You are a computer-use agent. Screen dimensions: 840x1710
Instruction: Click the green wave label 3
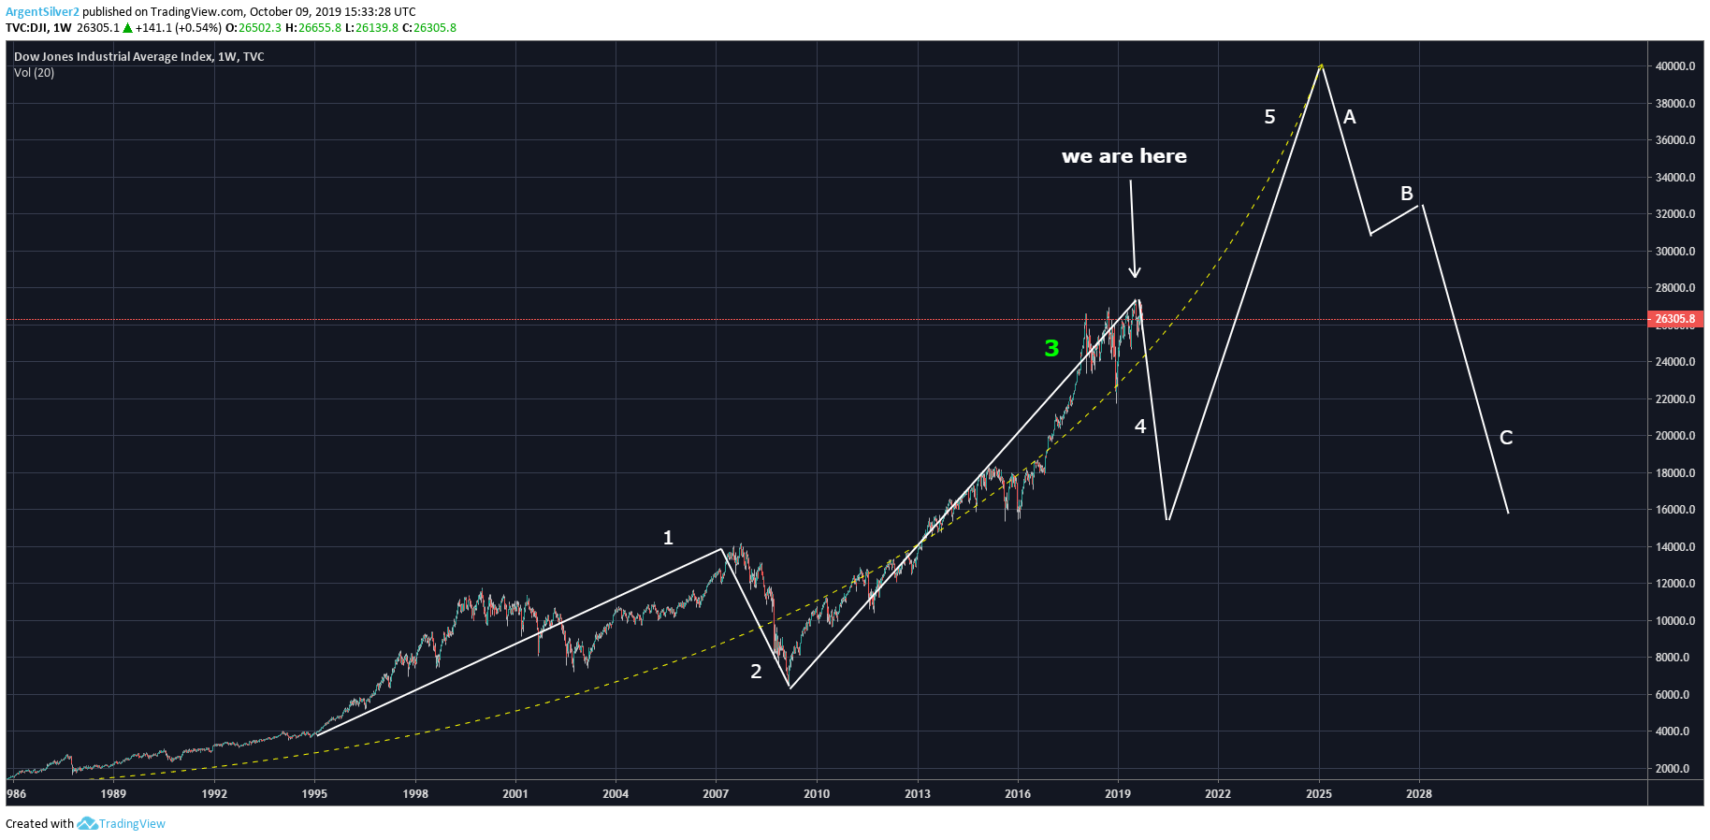(x=1051, y=349)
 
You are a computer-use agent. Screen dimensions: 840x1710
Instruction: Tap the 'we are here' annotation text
(x=1123, y=156)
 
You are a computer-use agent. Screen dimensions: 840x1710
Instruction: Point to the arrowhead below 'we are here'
(x=1135, y=273)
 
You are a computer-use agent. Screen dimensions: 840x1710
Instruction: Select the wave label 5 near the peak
(x=1269, y=117)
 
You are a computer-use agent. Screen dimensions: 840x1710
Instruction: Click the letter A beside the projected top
(x=1349, y=117)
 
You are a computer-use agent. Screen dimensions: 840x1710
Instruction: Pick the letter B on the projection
(x=1406, y=194)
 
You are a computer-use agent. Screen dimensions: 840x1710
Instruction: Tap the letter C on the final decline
(x=1505, y=438)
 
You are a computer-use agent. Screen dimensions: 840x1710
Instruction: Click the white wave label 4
(x=1139, y=427)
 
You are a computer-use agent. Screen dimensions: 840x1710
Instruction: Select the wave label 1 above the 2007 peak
(x=668, y=538)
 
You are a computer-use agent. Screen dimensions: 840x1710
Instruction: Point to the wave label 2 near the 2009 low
(x=756, y=672)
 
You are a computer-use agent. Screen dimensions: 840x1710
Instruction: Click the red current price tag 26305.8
(x=1674, y=319)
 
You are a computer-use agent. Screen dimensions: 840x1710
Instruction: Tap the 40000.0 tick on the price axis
(x=1674, y=66)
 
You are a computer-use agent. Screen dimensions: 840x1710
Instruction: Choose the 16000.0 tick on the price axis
(x=1674, y=510)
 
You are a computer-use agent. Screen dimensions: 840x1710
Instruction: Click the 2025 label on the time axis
(x=1318, y=794)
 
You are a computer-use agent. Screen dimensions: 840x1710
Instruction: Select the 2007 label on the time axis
(x=716, y=794)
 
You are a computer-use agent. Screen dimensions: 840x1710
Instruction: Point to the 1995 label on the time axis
(x=314, y=794)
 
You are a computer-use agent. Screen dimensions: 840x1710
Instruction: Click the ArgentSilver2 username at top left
(x=42, y=12)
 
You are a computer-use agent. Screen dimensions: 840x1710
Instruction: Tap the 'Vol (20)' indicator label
(x=35, y=73)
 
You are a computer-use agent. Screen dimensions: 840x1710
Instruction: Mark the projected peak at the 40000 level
(x=1320, y=65)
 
